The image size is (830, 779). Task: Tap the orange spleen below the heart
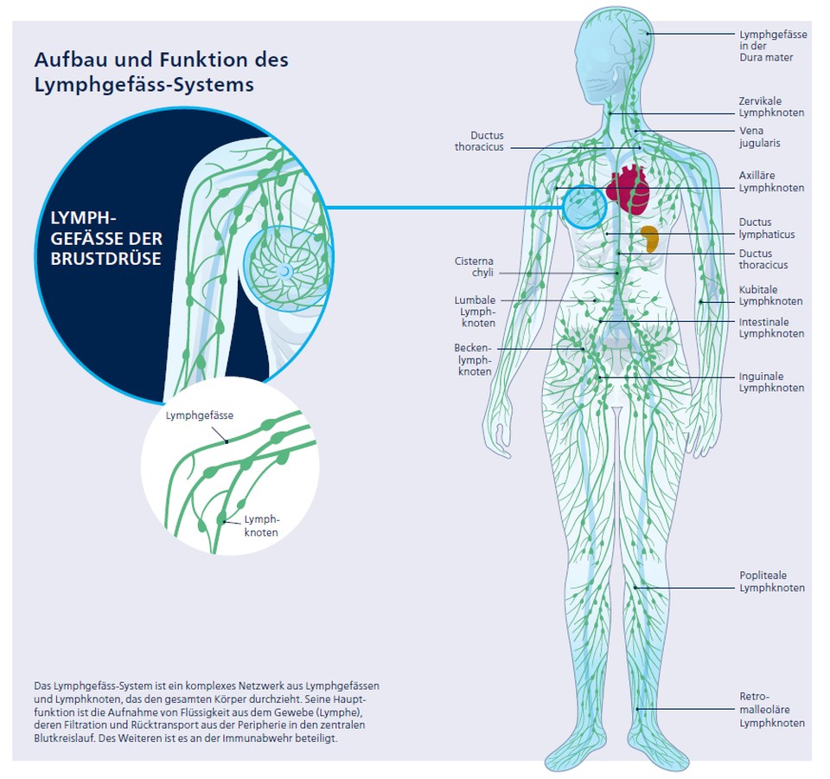point(650,238)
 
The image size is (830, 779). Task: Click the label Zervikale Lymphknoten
point(771,106)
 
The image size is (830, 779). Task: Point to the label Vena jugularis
point(759,137)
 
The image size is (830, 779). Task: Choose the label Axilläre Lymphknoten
point(771,182)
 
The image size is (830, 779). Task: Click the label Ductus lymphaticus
point(766,229)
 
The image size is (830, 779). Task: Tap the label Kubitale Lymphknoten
point(770,295)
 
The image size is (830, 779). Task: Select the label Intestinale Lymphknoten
point(771,327)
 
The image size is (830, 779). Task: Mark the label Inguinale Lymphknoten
point(771,382)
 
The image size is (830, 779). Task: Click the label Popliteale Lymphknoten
point(771,582)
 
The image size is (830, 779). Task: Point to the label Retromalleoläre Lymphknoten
point(771,709)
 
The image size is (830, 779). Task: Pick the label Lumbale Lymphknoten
point(476,312)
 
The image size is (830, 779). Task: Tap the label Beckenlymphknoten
point(473,359)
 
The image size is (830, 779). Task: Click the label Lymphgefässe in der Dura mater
point(772,46)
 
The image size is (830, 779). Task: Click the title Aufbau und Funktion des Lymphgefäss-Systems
point(161,72)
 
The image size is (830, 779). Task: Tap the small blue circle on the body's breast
point(584,207)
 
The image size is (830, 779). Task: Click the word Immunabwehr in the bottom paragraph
point(281,739)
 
